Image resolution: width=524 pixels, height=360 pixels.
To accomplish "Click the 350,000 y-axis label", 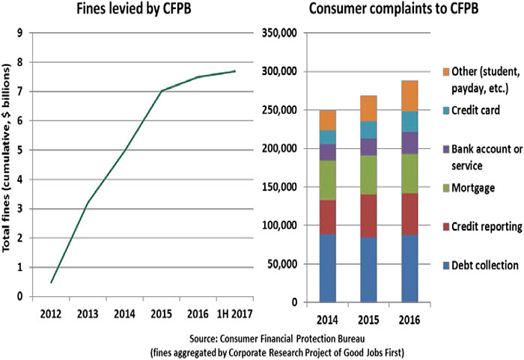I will tap(280, 33).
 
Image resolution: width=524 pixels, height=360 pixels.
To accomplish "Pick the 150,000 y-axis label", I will tap(280, 187).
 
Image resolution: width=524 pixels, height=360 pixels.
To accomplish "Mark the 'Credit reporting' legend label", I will tap(485, 225).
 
